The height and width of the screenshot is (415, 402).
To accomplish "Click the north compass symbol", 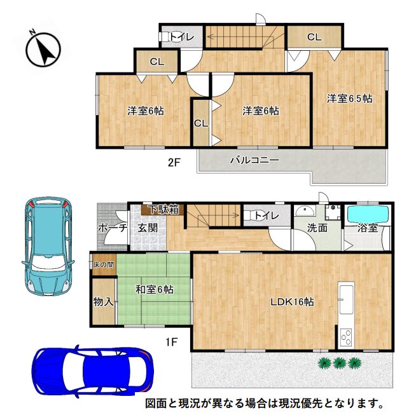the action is pos(43,49).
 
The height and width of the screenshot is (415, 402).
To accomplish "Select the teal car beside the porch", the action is pos(47,246).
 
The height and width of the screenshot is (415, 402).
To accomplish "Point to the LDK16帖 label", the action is pos(292,301).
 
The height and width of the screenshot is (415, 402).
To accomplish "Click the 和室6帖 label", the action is pos(155,290).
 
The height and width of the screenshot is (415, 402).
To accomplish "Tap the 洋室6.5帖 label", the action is pos(349,99).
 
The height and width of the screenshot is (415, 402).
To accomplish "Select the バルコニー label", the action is pos(254,160).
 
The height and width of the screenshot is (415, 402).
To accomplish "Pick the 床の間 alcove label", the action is pos(104,264).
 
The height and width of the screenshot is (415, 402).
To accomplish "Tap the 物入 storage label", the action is pos(103,301).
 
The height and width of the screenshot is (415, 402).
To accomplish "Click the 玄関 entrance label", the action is pos(148,228).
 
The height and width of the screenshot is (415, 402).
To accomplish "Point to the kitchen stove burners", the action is pos(347,337).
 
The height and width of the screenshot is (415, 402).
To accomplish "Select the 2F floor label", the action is pos(174,162).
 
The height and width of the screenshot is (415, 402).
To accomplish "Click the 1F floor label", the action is pos(171,342).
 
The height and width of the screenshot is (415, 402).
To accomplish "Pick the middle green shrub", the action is pos(339,363).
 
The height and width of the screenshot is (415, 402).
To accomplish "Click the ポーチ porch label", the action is pos(113,228).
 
